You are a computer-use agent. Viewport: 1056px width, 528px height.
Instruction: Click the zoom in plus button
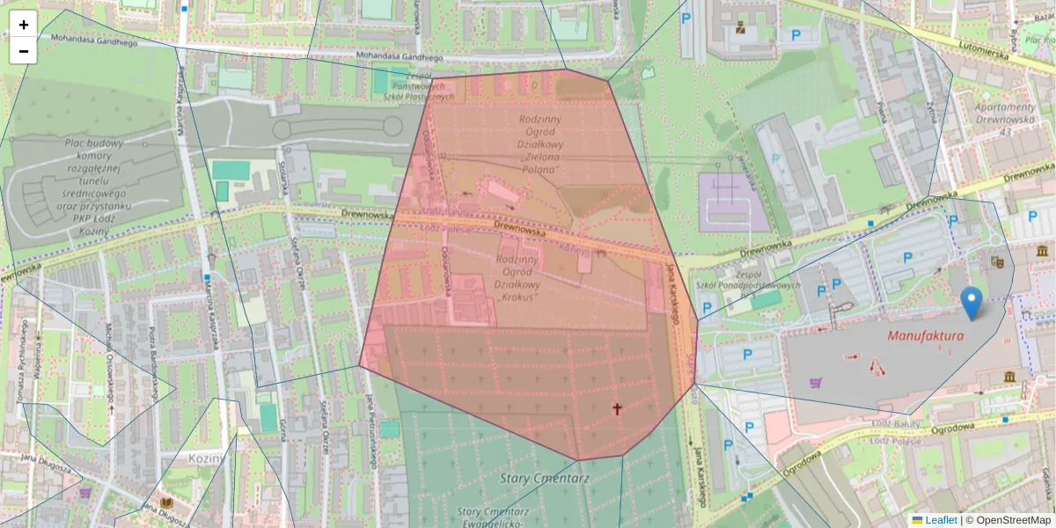point(24,25)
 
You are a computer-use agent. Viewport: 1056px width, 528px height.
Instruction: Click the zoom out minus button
point(24,51)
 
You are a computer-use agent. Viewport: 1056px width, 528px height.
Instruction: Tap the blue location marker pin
point(972,303)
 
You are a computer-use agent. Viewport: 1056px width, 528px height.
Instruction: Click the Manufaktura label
point(925,336)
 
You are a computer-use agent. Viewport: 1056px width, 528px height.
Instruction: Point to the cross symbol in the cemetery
point(617,408)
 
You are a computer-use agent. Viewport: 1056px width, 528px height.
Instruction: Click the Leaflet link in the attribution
point(940,520)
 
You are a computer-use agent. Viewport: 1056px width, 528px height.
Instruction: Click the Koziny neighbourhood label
point(208,458)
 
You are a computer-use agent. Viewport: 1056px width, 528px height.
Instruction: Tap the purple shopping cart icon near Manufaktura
point(816,383)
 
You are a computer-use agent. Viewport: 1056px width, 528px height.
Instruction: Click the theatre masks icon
point(997,260)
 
